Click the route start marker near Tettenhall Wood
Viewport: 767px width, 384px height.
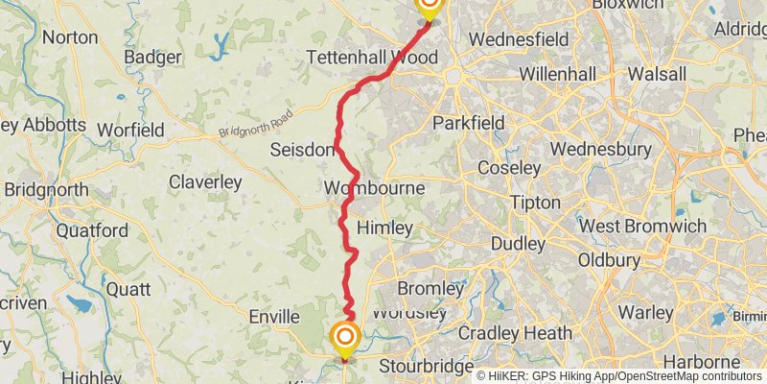[429, 6]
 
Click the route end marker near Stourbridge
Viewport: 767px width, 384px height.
[345, 337]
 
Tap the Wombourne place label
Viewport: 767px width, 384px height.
[374, 187]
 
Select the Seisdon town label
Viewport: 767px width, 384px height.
[302, 150]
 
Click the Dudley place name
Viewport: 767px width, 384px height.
[518, 244]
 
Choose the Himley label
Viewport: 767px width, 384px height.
[384, 228]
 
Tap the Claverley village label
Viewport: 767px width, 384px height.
[205, 181]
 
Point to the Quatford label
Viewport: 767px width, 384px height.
[92, 230]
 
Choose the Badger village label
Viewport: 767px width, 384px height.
[152, 58]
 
